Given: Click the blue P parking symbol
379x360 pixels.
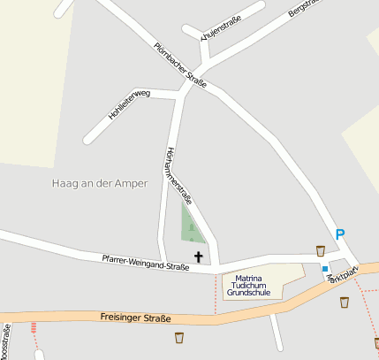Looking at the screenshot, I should (x=339, y=234).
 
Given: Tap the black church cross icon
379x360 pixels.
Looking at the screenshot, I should (x=199, y=257).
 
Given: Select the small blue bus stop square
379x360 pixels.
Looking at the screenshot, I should (x=325, y=268).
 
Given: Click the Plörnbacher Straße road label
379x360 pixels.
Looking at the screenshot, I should (x=180, y=65).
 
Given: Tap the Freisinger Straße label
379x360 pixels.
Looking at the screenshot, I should (x=135, y=318).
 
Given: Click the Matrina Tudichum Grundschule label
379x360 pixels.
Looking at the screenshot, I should (x=248, y=285).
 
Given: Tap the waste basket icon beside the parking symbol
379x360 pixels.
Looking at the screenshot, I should (x=320, y=250).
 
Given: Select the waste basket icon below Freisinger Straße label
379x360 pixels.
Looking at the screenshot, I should (x=179, y=337).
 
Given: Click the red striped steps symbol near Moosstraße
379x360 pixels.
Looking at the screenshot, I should (x=34, y=328).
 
